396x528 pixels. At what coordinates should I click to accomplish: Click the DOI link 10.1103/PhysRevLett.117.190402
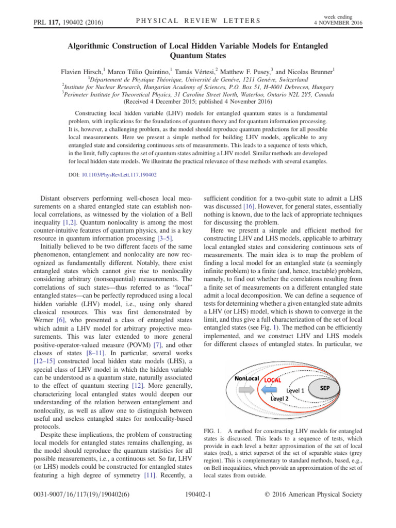pos(126,175)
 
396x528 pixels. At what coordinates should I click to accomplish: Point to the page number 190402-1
pos(198,508)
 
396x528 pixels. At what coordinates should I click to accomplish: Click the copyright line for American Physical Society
pos(312,508)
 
